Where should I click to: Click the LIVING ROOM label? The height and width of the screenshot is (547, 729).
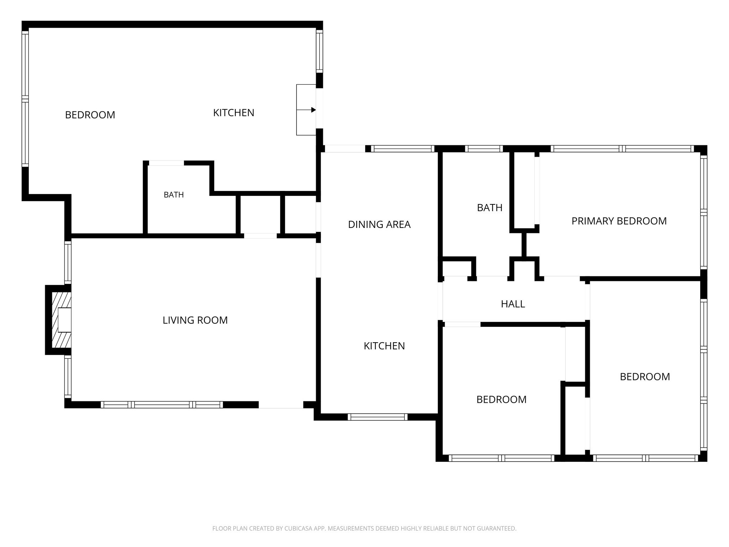point(195,320)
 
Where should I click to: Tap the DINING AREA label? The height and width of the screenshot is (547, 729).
point(379,224)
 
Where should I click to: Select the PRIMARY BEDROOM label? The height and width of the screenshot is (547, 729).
point(619,221)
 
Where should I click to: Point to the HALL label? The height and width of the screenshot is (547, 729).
point(513,304)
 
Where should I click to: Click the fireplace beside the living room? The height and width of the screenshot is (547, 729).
point(59,320)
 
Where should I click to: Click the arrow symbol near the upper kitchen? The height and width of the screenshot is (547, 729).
point(306,110)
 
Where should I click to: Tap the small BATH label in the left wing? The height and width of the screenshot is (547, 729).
point(174,195)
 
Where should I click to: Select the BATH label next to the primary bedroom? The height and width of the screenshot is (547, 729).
point(489,208)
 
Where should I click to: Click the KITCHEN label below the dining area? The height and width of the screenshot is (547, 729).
point(384,346)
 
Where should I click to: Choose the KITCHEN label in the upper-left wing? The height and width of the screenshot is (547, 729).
point(234,113)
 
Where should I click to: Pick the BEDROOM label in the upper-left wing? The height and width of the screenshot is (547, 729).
point(90,115)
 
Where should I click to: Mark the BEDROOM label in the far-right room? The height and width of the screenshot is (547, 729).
point(645,377)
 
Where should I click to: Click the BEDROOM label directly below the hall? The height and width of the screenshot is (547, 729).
point(501,400)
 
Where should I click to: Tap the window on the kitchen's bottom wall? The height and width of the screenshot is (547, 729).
point(378,417)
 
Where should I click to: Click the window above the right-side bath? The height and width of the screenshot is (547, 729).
point(484,149)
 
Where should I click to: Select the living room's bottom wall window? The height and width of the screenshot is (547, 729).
point(162,405)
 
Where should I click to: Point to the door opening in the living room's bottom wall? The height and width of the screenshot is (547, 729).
point(281,405)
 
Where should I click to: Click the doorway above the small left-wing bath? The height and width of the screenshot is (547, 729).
point(166,163)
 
